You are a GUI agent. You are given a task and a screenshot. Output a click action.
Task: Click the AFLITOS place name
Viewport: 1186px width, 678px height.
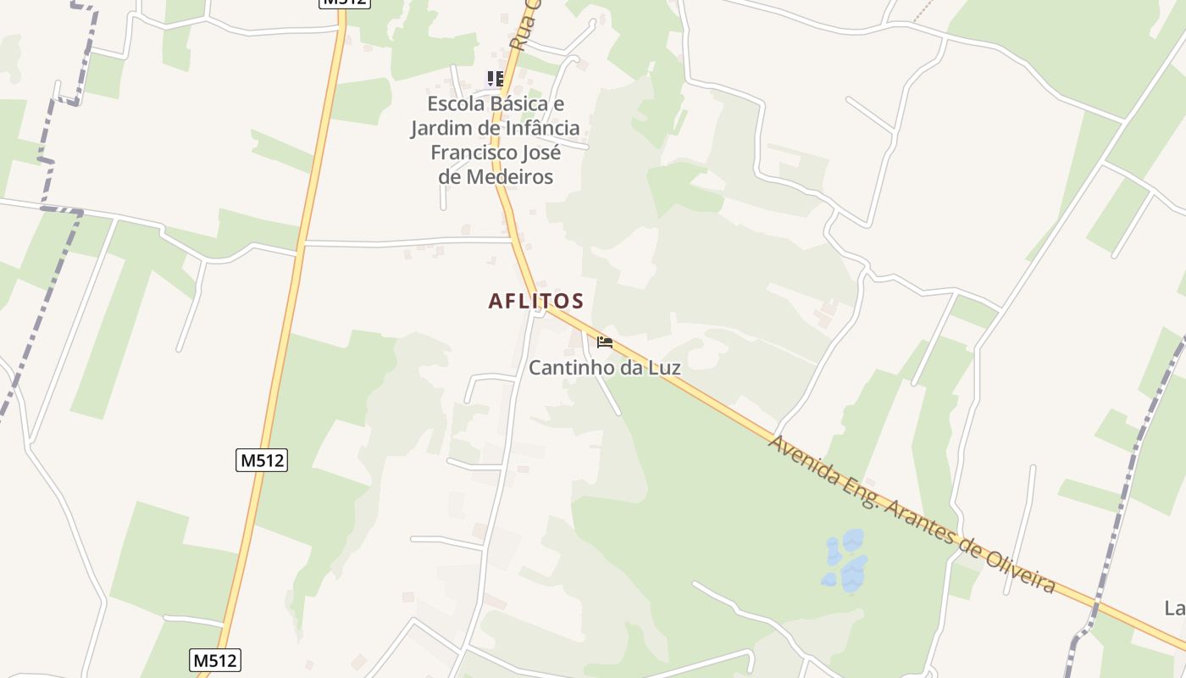[535, 301]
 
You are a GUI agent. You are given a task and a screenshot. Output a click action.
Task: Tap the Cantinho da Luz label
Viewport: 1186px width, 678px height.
[604, 368]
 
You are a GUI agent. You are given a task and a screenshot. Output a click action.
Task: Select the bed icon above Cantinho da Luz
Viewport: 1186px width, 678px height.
[604, 342]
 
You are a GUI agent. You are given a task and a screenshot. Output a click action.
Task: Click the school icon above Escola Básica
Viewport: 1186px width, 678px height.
[496, 80]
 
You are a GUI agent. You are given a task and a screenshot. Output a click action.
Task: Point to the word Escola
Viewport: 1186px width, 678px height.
[457, 104]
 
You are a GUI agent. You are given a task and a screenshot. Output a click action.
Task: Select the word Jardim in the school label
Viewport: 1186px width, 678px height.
[441, 129]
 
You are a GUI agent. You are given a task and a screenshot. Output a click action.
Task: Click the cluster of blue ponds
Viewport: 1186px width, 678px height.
[845, 561]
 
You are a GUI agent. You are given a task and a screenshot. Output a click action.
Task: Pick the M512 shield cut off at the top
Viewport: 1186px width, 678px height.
[345, 3]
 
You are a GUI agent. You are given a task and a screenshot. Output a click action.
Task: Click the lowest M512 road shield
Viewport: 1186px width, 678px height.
[215, 660]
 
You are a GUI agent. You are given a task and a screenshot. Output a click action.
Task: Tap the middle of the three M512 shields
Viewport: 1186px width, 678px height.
[262, 460]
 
